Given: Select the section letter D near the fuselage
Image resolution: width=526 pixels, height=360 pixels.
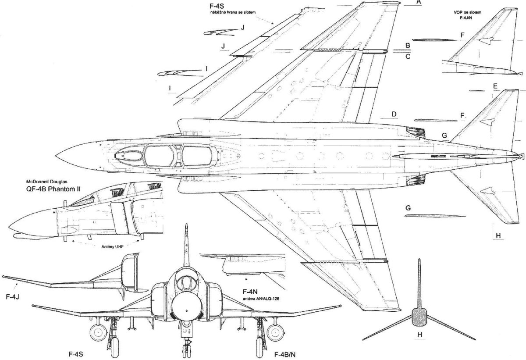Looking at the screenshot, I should point(394,114).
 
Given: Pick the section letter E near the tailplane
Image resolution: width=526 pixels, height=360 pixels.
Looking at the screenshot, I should point(494,86).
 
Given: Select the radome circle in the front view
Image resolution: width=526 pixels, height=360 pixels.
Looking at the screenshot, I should point(188,307).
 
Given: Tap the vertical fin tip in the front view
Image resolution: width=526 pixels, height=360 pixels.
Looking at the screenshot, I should point(188,226).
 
